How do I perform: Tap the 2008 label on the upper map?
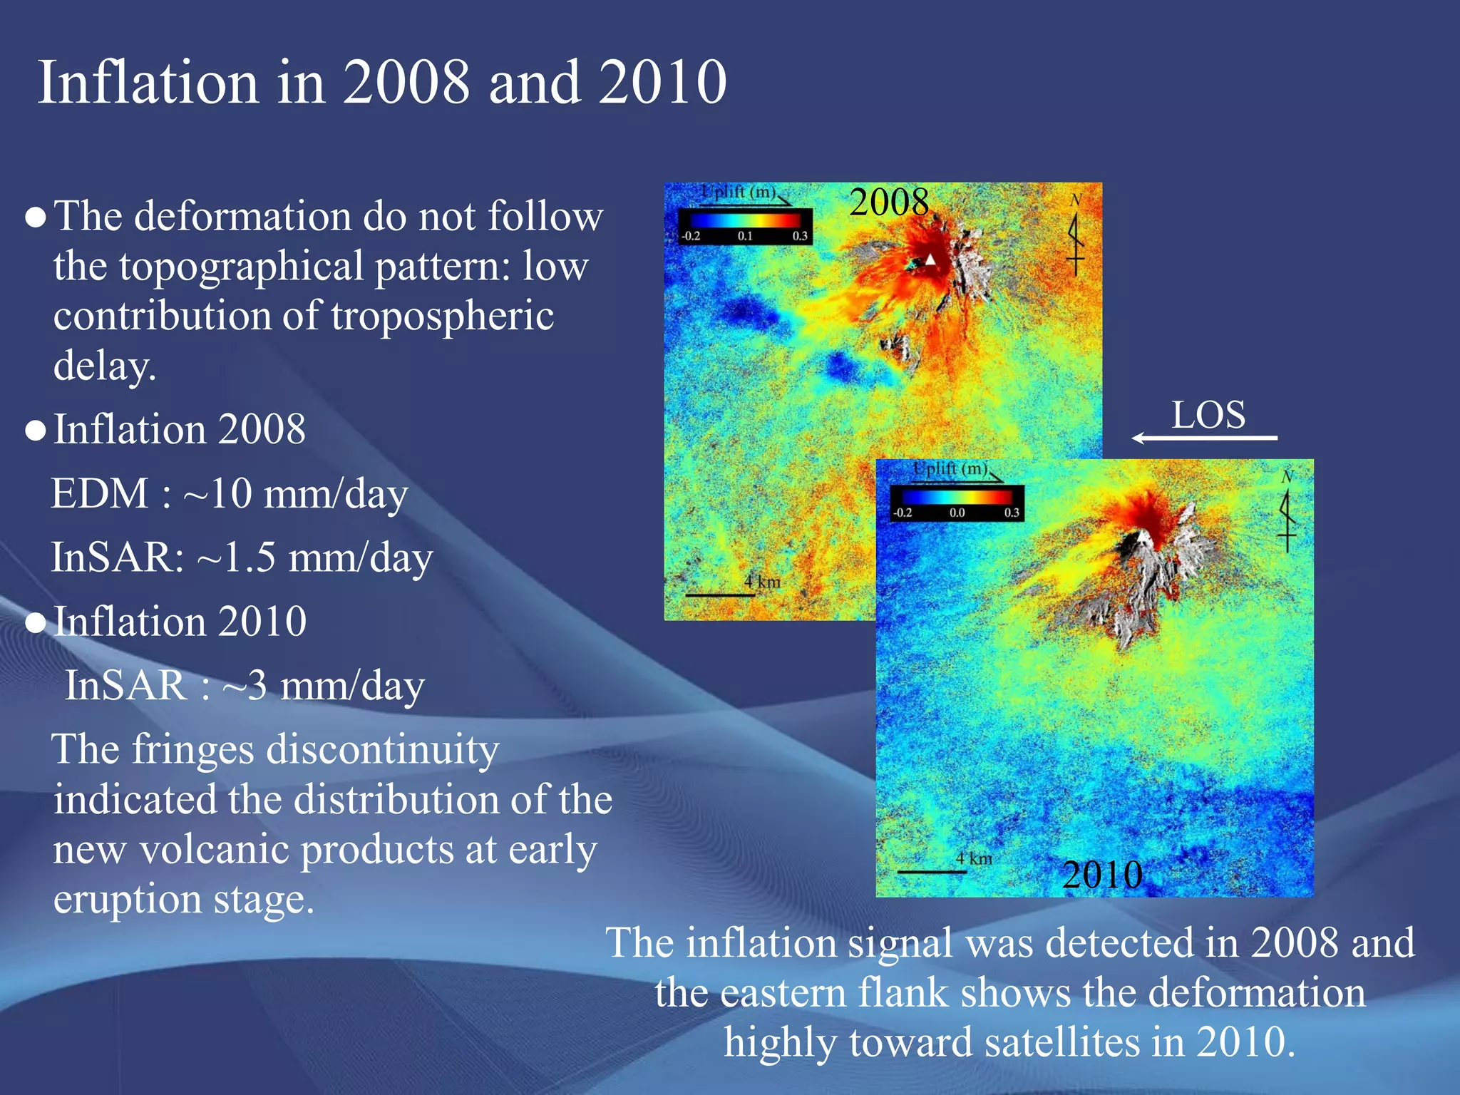(x=889, y=202)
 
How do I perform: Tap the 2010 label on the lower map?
(x=1102, y=875)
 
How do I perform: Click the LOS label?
(x=1208, y=415)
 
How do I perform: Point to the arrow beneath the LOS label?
(x=1204, y=438)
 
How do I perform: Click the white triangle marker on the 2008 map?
(x=930, y=259)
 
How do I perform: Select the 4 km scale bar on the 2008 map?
(x=720, y=594)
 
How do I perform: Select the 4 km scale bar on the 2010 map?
(x=932, y=870)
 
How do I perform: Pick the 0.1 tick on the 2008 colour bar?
(x=745, y=236)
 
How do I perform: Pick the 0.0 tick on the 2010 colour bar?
(x=957, y=513)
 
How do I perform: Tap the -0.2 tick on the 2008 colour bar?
(x=690, y=236)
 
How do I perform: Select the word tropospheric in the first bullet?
(x=442, y=317)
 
